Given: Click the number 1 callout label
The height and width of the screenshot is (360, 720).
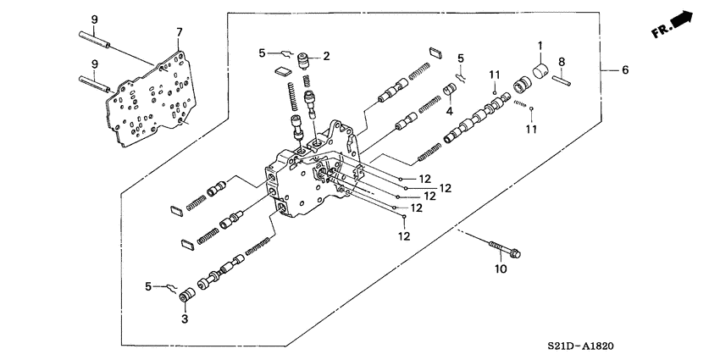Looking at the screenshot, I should tap(539, 44).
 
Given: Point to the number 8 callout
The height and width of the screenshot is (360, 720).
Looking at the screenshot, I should tap(562, 60).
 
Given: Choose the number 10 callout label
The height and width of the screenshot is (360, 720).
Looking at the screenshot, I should tap(500, 269).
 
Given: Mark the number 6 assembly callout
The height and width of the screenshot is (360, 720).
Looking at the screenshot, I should tap(625, 70).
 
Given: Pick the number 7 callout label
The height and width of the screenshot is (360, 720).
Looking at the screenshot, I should tap(179, 32).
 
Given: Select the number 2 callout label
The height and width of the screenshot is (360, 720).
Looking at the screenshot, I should tap(325, 55).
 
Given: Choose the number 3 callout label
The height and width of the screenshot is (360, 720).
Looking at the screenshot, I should tap(184, 318).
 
